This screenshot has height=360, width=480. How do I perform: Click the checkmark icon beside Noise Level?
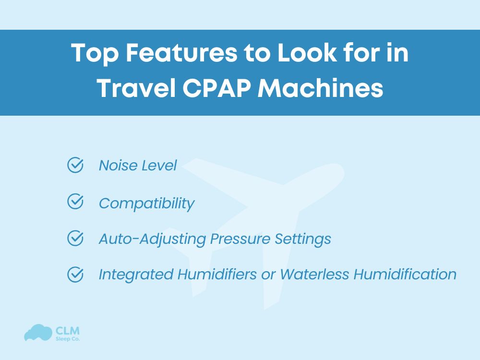pos(75,165)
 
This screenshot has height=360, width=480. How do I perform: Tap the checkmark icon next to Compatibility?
pos(75,202)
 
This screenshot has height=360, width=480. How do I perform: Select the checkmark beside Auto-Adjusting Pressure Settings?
pos(75,238)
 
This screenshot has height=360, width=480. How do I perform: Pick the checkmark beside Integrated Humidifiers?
pos(75,274)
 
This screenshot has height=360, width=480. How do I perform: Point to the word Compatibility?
pos(146,203)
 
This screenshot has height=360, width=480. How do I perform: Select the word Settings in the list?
pos(302,239)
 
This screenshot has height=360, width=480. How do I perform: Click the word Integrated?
pos(136,275)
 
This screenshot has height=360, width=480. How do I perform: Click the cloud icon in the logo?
pos(38,333)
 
